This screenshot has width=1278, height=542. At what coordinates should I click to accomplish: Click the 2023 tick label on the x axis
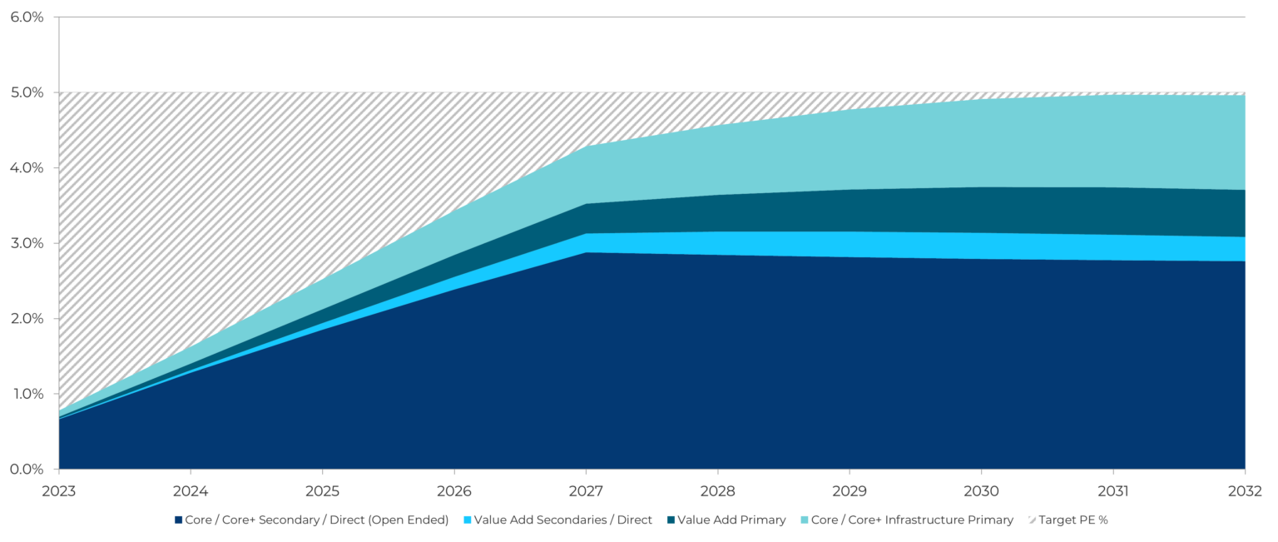click(59, 491)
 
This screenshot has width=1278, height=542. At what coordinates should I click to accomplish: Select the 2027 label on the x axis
click(587, 491)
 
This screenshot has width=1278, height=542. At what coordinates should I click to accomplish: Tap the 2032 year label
click(1246, 491)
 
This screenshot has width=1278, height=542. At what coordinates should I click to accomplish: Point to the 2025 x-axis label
click(323, 491)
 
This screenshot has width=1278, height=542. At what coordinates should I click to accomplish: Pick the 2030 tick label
click(982, 491)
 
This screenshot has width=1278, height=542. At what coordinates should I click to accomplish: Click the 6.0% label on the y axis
click(27, 17)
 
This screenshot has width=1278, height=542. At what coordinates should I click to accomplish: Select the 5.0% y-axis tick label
click(27, 92)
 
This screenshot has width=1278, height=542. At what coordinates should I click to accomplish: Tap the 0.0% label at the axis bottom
click(27, 470)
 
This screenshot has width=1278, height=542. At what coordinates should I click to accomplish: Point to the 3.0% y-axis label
click(27, 243)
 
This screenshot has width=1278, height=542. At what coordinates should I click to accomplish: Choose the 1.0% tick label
click(27, 394)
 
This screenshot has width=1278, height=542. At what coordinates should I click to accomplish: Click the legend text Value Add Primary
click(731, 520)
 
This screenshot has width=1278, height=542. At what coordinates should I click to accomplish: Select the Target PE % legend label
click(1073, 520)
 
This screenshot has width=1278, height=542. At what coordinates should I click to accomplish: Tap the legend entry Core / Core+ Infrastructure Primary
click(912, 520)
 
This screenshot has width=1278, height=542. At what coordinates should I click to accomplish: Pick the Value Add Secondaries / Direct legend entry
click(563, 520)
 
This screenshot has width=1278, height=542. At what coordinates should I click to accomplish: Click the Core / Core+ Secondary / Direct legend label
click(317, 520)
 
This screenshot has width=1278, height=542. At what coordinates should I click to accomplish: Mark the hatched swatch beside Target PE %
click(1032, 520)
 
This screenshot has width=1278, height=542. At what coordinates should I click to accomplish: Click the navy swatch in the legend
click(178, 520)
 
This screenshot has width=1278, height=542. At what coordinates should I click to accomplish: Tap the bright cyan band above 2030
click(982, 246)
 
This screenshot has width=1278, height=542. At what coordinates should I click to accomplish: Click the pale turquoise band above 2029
click(850, 150)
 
